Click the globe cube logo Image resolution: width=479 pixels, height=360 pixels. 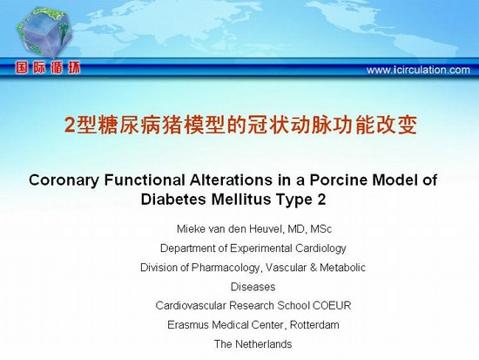pyautogui.click(x=44, y=32)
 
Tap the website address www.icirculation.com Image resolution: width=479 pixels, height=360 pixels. pyautogui.click(x=418, y=70)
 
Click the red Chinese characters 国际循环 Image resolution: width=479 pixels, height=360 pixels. pyautogui.click(x=48, y=68)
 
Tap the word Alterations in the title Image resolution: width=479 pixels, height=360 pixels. pyautogui.click(x=231, y=180)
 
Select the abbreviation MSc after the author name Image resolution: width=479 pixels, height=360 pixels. pyautogui.click(x=321, y=228)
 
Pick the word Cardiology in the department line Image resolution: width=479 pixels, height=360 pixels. pyautogui.click(x=320, y=248)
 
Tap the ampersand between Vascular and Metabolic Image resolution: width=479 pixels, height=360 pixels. pyautogui.click(x=314, y=268)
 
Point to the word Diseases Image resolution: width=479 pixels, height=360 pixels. pyautogui.click(x=253, y=287)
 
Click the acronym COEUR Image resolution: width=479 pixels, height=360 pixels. pyautogui.click(x=332, y=306)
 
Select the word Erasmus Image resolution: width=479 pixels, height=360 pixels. pyautogui.click(x=188, y=324)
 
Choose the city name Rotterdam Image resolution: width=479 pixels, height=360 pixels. pyautogui.click(x=314, y=324)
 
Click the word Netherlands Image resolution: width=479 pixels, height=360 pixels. pyautogui.click(x=264, y=344)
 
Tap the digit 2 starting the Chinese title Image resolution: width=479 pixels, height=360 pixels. pyautogui.click(x=70, y=126)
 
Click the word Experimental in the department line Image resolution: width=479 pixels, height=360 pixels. pyautogui.click(x=261, y=248)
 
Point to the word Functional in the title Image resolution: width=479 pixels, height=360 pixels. pyautogui.click(x=145, y=180)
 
